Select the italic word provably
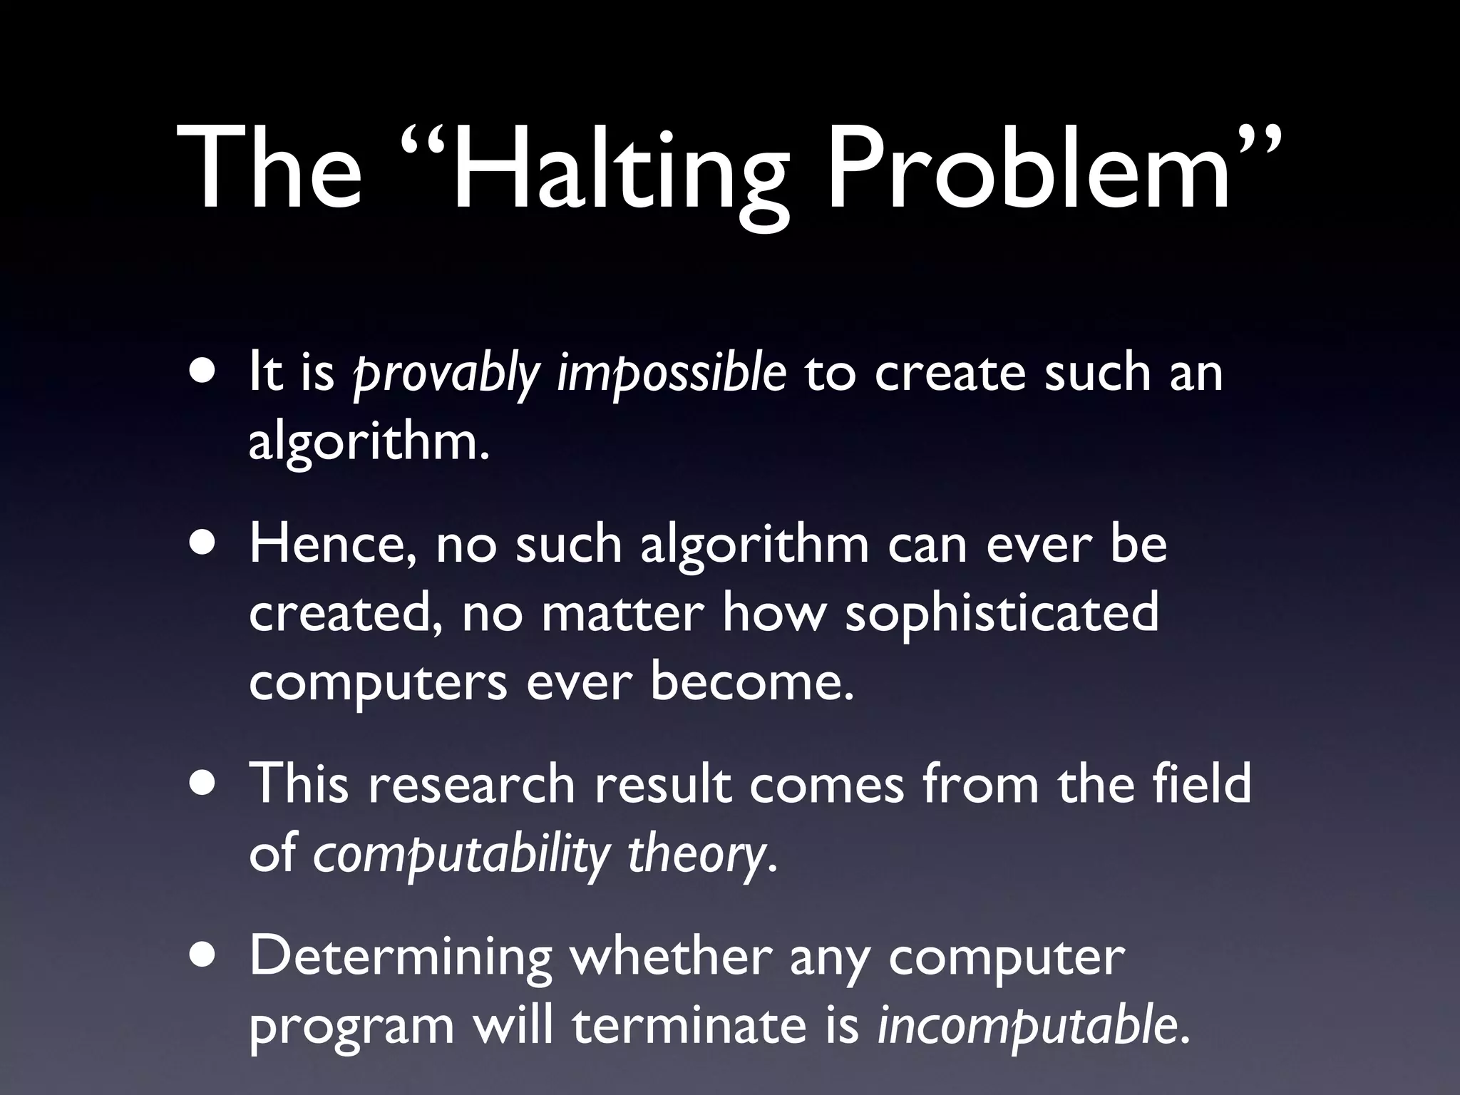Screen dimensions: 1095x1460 (x=446, y=375)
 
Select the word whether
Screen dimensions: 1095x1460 (x=670, y=957)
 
